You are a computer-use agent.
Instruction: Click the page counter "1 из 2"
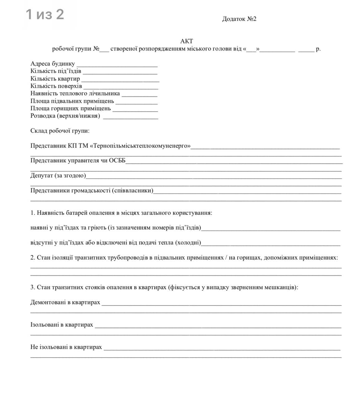click(x=45, y=14)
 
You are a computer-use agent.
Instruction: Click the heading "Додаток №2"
click(x=239, y=19)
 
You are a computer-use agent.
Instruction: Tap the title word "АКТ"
click(x=187, y=41)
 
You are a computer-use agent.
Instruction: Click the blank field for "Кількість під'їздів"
click(x=120, y=73)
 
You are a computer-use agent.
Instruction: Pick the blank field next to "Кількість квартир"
click(x=120, y=80)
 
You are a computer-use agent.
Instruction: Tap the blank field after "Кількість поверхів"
click(x=120, y=88)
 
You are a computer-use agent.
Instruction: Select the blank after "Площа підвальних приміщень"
click(x=137, y=103)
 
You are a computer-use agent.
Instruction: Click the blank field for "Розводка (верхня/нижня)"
click(x=130, y=118)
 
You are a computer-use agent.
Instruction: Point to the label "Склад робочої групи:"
click(x=60, y=131)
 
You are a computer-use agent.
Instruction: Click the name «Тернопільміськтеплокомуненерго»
click(x=140, y=146)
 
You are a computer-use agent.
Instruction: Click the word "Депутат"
click(x=42, y=175)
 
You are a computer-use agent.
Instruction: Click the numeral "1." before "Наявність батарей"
click(x=33, y=213)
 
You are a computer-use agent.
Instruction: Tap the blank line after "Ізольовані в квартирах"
click(x=218, y=326)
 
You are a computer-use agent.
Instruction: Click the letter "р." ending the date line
click(x=318, y=49)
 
